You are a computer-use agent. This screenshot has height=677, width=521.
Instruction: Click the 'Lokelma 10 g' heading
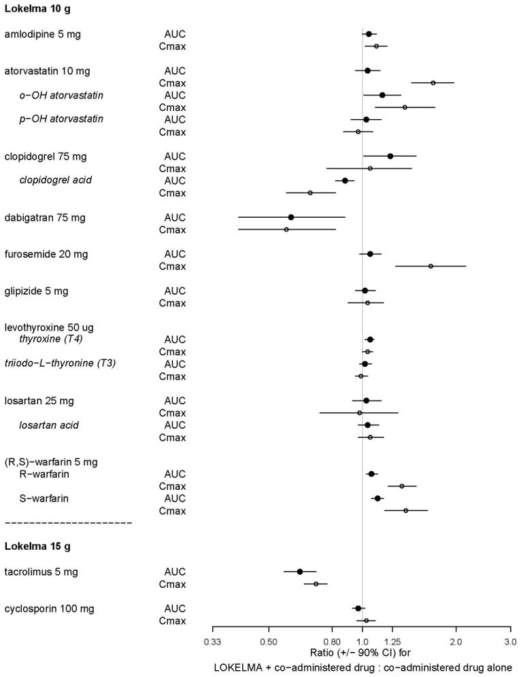pyautogui.click(x=37, y=9)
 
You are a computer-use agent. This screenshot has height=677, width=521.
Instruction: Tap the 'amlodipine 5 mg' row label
pyautogui.click(x=42, y=34)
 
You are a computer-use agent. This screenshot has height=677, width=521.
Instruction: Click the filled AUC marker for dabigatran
pyautogui.click(x=291, y=217)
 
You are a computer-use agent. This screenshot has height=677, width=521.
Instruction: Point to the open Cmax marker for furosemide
pyautogui.click(x=431, y=266)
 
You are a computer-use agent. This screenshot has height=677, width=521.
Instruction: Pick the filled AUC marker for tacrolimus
pyautogui.click(x=299, y=572)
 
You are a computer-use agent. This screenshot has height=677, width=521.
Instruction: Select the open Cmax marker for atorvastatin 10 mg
pyautogui.click(x=433, y=83)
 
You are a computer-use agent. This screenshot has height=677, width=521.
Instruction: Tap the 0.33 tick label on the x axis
pyautogui.click(x=213, y=641)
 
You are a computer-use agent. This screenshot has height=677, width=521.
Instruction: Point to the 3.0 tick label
pyautogui.click(x=509, y=641)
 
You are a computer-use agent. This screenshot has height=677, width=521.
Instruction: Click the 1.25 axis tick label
pyautogui.click(x=393, y=641)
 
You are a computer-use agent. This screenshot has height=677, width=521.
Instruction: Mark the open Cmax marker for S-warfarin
pyautogui.click(x=406, y=510)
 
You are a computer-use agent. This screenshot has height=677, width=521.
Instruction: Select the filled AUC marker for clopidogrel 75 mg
pyautogui.click(x=390, y=156)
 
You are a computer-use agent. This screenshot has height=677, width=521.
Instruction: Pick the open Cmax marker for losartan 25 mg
pyautogui.click(x=360, y=412)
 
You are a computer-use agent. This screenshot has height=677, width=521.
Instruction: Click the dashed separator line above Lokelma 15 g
pyautogui.click(x=68, y=523)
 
